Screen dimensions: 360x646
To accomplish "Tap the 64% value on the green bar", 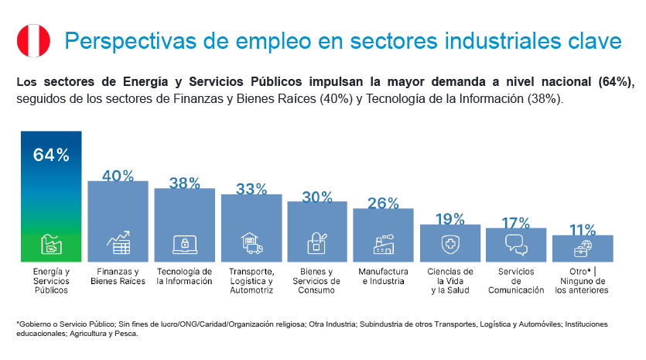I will pyautogui.click(x=51, y=155).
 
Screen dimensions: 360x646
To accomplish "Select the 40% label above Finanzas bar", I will pyautogui.click(x=118, y=176).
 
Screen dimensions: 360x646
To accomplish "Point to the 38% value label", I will pyautogui.click(x=184, y=183).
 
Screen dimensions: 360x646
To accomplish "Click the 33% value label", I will pyautogui.click(x=251, y=190).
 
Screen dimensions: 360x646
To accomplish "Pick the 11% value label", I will pyautogui.click(x=583, y=230).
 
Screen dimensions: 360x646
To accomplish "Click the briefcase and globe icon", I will pyautogui.click(x=583, y=248).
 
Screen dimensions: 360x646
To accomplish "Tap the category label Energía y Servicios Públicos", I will pyautogui.click(x=51, y=281).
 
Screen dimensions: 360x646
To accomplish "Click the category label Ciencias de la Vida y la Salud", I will pyautogui.click(x=449, y=281).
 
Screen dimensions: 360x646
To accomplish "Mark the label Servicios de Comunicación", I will pyautogui.click(x=516, y=281).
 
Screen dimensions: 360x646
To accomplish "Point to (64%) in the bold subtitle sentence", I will pyautogui.click(x=616, y=81).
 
